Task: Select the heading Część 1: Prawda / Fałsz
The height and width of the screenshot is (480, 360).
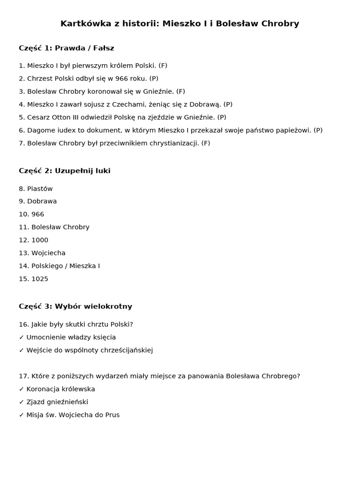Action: pyautogui.click(x=67, y=48)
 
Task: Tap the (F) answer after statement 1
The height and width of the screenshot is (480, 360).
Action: pyautogui.click(x=163, y=66)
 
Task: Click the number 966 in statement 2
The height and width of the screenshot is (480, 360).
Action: pyautogui.click(x=122, y=79)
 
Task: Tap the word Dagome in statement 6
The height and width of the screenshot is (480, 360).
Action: pyautogui.click(x=40, y=130)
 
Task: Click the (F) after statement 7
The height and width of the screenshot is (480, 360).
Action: pyautogui.click(x=205, y=143)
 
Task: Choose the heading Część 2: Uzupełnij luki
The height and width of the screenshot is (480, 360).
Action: pyautogui.click(x=65, y=171)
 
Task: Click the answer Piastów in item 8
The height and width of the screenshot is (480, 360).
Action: pyautogui.click(x=40, y=189)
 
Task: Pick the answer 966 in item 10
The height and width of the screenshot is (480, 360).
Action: pyautogui.click(x=37, y=214)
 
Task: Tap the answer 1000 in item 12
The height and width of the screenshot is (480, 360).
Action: pyautogui.click(x=40, y=240)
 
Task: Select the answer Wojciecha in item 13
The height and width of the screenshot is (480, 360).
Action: pyautogui.click(x=48, y=253)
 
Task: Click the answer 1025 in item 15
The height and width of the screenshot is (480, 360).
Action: pyautogui.click(x=40, y=279)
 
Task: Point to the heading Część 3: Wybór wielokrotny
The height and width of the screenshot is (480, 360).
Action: pyautogui.click(x=75, y=307)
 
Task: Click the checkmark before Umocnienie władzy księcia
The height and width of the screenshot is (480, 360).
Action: pyautogui.click(x=22, y=337)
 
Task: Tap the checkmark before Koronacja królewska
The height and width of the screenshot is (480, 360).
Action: pyautogui.click(x=22, y=389)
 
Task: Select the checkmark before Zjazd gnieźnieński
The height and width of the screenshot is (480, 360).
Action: pyautogui.click(x=22, y=402)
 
